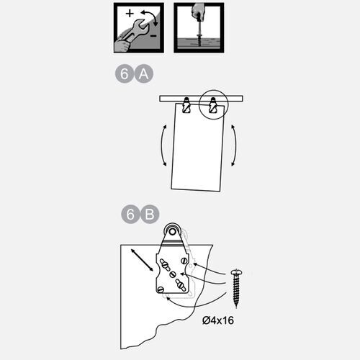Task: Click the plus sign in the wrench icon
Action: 130,13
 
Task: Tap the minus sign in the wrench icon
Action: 153,36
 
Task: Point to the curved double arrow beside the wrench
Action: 150,17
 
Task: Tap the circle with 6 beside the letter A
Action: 125,73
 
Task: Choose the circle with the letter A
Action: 143,73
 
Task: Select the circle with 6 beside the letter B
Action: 130,215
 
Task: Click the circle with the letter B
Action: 150,215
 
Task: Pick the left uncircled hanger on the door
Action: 186,105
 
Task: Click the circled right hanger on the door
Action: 213,105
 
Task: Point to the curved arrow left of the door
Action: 163,145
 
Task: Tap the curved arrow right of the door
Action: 235,145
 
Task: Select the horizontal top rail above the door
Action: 201,99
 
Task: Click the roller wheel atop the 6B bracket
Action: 172,231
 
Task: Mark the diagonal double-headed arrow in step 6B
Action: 142,260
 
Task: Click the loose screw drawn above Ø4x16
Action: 236,288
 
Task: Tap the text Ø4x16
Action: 218,320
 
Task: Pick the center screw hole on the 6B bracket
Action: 173,274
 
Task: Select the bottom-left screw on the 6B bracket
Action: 161,289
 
